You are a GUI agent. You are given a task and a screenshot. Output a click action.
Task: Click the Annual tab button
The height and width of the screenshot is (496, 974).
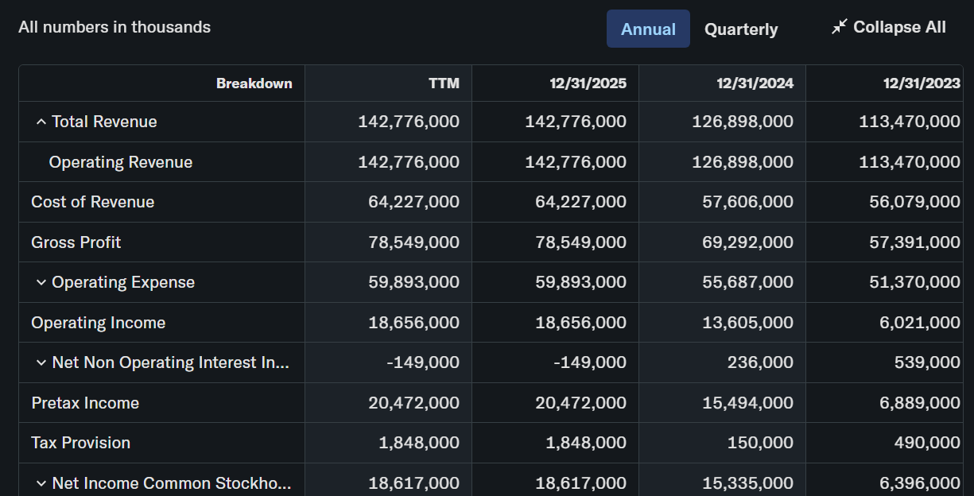648,29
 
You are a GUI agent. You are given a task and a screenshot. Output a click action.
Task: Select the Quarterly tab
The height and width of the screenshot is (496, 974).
741,29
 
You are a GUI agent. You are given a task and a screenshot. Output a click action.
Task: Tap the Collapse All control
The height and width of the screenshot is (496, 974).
888,27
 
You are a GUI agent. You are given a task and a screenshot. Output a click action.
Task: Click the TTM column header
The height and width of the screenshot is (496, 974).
444,83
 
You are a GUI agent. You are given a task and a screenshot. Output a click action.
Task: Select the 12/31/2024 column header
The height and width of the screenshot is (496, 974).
755,83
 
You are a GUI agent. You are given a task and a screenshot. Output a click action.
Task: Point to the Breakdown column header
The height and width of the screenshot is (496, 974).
254,83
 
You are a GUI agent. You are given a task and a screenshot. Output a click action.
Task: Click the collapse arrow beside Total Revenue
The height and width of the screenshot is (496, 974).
41,122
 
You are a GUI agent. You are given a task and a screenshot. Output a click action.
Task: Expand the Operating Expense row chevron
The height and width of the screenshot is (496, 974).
41,282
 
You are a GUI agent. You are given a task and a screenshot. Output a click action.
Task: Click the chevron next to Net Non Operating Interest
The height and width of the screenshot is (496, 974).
41,362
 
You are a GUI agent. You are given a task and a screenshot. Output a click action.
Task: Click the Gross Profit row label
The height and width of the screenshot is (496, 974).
76,242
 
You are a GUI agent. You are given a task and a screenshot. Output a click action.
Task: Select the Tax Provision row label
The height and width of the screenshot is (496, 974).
81,443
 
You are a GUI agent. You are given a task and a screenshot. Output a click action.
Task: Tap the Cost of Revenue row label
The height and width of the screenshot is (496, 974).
92,202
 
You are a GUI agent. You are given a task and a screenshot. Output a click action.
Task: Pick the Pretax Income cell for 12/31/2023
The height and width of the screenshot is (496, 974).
920,402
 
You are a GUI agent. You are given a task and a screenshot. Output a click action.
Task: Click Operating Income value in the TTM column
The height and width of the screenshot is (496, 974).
413,323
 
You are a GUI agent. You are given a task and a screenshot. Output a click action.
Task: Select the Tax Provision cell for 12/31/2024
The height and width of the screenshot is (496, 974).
760,443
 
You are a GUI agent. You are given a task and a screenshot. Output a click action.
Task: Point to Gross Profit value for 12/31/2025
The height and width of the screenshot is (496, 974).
580,242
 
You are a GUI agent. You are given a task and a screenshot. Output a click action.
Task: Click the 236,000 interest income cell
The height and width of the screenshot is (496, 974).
760,362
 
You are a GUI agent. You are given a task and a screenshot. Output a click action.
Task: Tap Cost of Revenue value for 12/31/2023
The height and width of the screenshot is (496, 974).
914,202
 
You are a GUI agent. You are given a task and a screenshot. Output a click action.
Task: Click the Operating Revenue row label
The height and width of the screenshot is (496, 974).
120,162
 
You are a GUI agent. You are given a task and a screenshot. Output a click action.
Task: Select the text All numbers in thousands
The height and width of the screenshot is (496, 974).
114,27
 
